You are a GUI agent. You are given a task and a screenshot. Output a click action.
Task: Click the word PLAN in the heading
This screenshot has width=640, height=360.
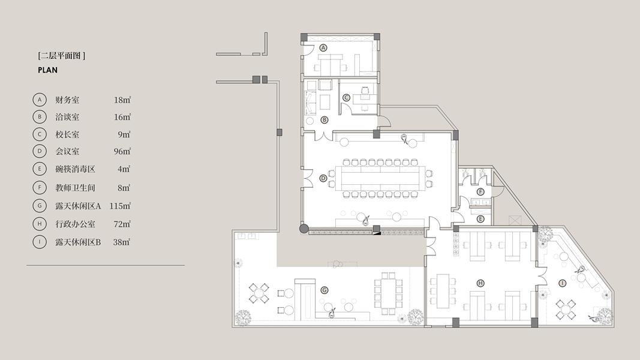click(x=48, y=70)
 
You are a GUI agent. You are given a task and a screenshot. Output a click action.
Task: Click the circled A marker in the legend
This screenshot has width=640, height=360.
click(x=40, y=100)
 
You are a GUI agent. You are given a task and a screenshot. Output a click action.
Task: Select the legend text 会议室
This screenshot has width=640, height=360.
click(x=67, y=151)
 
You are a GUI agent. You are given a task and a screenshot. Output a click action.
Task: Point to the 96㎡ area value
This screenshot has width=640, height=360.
click(x=122, y=151)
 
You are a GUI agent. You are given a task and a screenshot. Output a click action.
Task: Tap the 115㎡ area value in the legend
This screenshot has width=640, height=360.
click(x=120, y=206)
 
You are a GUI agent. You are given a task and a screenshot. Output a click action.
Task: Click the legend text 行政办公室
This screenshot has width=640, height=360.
click(x=75, y=224)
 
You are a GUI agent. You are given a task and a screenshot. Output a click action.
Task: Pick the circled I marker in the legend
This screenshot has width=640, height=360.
click(x=40, y=242)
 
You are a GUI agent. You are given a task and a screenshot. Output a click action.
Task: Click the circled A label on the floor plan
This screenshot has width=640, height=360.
click(x=323, y=48)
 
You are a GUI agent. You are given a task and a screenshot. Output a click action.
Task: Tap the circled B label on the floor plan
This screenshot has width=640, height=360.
click(x=324, y=120)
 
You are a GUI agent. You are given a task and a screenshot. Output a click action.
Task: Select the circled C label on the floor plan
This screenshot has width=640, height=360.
click(x=346, y=98)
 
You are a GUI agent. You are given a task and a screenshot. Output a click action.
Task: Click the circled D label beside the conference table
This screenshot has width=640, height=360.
click(x=323, y=178)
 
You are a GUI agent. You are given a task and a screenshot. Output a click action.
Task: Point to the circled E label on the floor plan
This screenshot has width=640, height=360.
click(x=480, y=219)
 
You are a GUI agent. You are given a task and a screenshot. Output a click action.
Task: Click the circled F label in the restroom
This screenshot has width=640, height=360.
click(x=480, y=192)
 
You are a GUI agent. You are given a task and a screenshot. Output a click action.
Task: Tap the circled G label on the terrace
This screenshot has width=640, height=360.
click(x=324, y=290)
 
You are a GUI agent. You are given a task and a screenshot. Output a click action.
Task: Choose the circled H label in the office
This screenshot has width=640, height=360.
click(x=480, y=283)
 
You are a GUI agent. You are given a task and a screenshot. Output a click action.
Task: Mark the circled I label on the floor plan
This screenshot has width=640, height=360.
click(x=563, y=283)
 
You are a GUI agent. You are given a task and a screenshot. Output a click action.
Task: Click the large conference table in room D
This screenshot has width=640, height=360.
click(x=380, y=178)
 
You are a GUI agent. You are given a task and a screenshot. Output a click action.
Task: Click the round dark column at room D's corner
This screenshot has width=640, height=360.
click(x=304, y=229)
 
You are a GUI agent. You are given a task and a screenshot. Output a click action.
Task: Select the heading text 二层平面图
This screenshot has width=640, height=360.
click(x=61, y=56)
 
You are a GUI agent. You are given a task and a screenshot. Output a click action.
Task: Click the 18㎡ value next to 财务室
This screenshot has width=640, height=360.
click(x=122, y=100)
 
